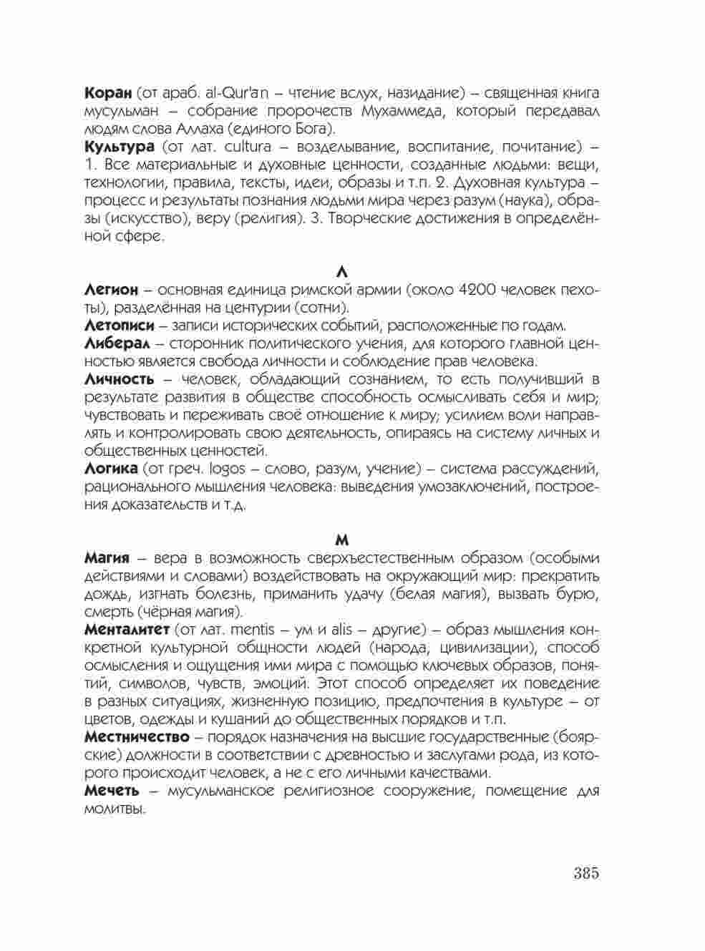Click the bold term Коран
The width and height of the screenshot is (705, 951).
(x=108, y=94)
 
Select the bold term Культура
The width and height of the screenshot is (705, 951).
(x=119, y=147)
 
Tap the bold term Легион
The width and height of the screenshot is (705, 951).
(x=111, y=291)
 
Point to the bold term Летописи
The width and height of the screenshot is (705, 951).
(x=119, y=326)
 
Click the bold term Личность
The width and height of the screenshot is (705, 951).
(x=119, y=379)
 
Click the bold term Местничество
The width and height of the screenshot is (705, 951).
(x=137, y=737)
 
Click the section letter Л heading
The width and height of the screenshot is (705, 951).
(x=342, y=273)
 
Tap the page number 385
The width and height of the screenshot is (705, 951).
(x=585, y=874)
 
